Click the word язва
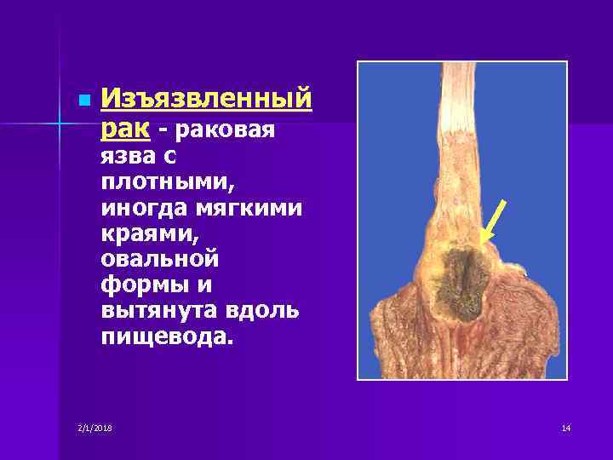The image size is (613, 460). (x=126, y=157)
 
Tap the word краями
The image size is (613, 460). (x=141, y=233)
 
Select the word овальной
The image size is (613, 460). (x=159, y=257)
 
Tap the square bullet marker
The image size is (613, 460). (x=82, y=101)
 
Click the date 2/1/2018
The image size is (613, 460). (x=94, y=427)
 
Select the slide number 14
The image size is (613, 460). (x=565, y=427)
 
